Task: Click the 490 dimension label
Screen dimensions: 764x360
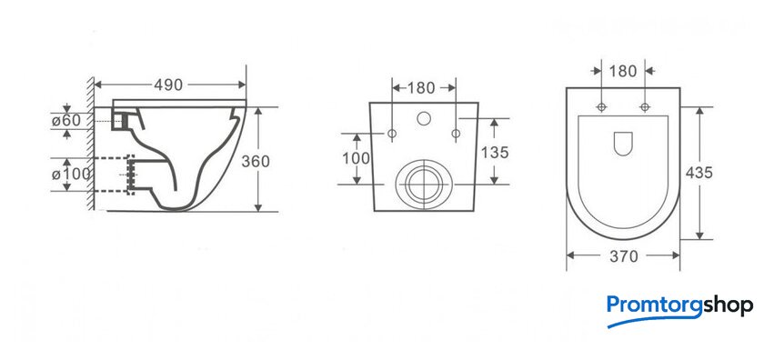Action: (x=168, y=85)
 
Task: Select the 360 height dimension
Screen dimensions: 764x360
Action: (x=256, y=161)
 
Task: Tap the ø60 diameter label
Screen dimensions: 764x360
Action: (x=66, y=120)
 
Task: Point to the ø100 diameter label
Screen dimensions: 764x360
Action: (x=71, y=173)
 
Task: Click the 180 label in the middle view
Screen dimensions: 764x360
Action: (x=421, y=88)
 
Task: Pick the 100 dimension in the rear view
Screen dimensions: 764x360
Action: (x=356, y=158)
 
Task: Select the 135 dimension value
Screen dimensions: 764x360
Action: (x=495, y=153)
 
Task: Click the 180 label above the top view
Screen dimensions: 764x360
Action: (x=623, y=71)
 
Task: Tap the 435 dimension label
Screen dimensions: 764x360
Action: (x=699, y=173)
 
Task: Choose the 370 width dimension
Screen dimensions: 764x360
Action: (x=624, y=256)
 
